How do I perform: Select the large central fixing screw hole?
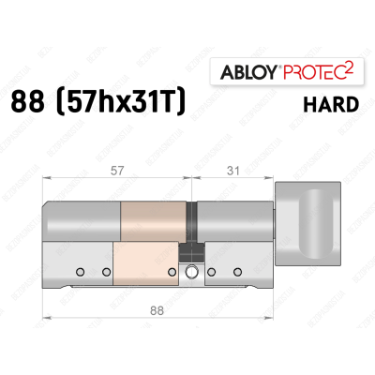(x=192, y=273)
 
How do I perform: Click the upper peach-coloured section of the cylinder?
(x=155, y=221)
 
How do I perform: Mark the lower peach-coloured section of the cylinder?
(x=143, y=263)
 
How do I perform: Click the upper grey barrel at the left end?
(x=82, y=221)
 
